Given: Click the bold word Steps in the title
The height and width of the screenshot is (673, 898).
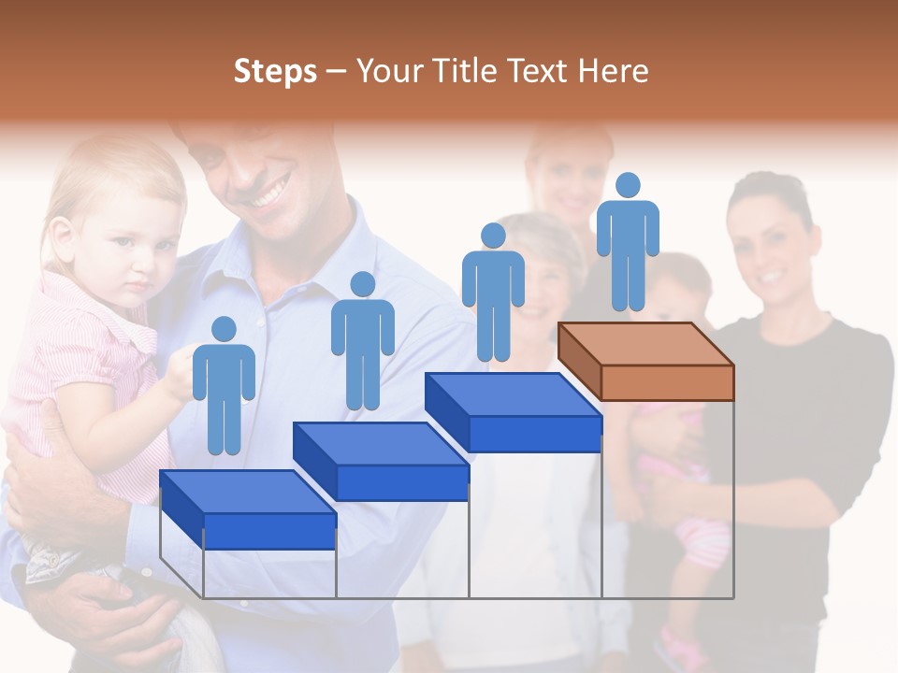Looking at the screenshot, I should [x=275, y=71].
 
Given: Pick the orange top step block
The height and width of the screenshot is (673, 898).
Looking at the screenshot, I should [x=645, y=360].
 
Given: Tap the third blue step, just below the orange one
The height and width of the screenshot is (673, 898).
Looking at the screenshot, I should [x=514, y=410].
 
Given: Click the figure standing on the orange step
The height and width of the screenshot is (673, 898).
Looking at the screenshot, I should [x=628, y=243].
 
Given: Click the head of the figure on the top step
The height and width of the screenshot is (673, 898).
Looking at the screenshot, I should [x=628, y=185].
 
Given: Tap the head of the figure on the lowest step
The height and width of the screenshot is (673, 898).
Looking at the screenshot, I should [x=224, y=329].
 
